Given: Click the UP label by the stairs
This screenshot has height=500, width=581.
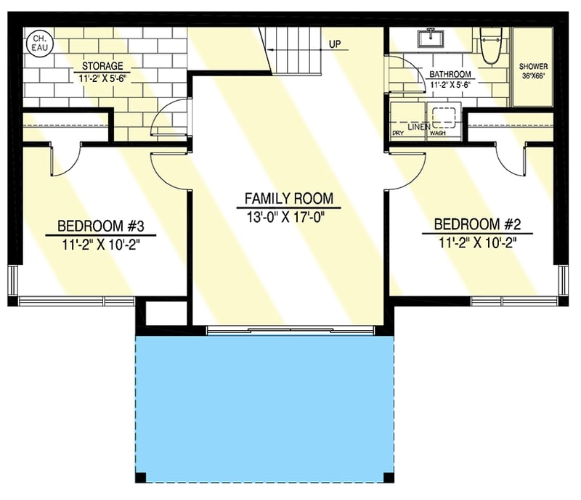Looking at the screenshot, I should pyautogui.click(x=335, y=44).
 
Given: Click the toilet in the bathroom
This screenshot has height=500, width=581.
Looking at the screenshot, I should pyautogui.click(x=491, y=44).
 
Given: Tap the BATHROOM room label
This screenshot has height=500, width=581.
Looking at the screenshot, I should pyautogui.click(x=450, y=74).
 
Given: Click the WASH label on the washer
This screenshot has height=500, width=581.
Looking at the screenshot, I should pyautogui.click(x=437, y=134).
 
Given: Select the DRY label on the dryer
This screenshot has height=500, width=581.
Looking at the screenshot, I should pyautogui.click(x=398, y=134).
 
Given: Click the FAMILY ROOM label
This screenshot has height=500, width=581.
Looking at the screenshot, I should pyautogui.click(x=288, y=198).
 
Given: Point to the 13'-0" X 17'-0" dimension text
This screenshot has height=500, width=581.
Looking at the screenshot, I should pyautogui.click(x=288, y=215).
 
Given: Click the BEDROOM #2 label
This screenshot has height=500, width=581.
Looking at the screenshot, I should pyautogui.click(x=477, y=224).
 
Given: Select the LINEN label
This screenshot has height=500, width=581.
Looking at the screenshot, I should pyautogui.click(x=418, y=127).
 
